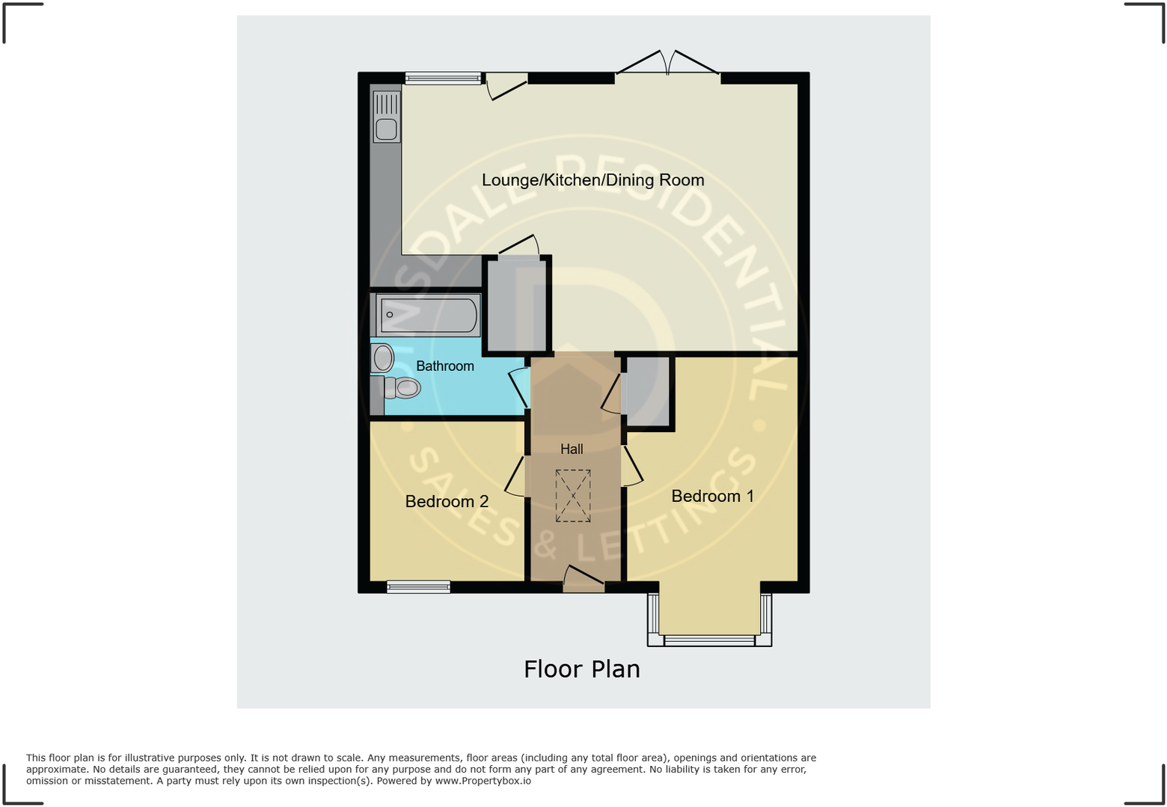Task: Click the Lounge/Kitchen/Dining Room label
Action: [x=592, y=180]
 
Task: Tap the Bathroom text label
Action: [x=444, y=366]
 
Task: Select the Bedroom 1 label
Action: [x=712, y=496]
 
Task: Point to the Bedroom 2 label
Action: [x=447, y=501]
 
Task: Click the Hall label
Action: [x=572, y=449]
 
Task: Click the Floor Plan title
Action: [x=582, y=669]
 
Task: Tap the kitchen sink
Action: [x=386, y=118]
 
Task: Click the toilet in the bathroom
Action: [x=402, y=387]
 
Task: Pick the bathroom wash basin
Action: [x=382, y=358]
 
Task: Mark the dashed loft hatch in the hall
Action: [x=573, y=495]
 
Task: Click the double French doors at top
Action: [x=668, y=64]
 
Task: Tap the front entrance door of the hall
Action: [x=583, y=579]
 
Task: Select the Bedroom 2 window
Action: [x=418, y=587]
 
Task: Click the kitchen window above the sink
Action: [x=443, y=78]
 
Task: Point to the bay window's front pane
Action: [x=709, y=640]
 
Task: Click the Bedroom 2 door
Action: [x=515, y=476]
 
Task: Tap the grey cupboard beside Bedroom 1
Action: [x=647, y=391]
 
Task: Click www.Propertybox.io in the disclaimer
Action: [x=483, y=781]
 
